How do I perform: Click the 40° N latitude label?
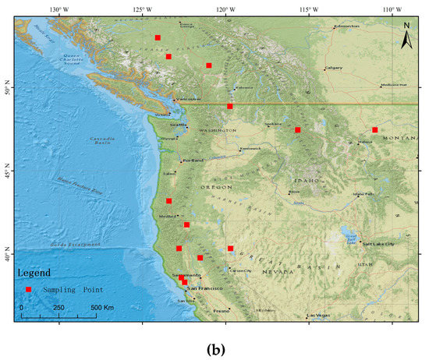(7, 256)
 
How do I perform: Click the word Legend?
(35, 274)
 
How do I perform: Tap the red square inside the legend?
(29, 289)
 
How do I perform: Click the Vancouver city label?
(188, 99)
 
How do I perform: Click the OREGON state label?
(219, 187)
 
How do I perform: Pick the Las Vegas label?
(319, 315)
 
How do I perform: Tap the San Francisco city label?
(203, 288)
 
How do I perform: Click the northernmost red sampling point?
(158, 37)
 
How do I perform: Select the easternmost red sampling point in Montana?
(375, 130)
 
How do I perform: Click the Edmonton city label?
(346, 26)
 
